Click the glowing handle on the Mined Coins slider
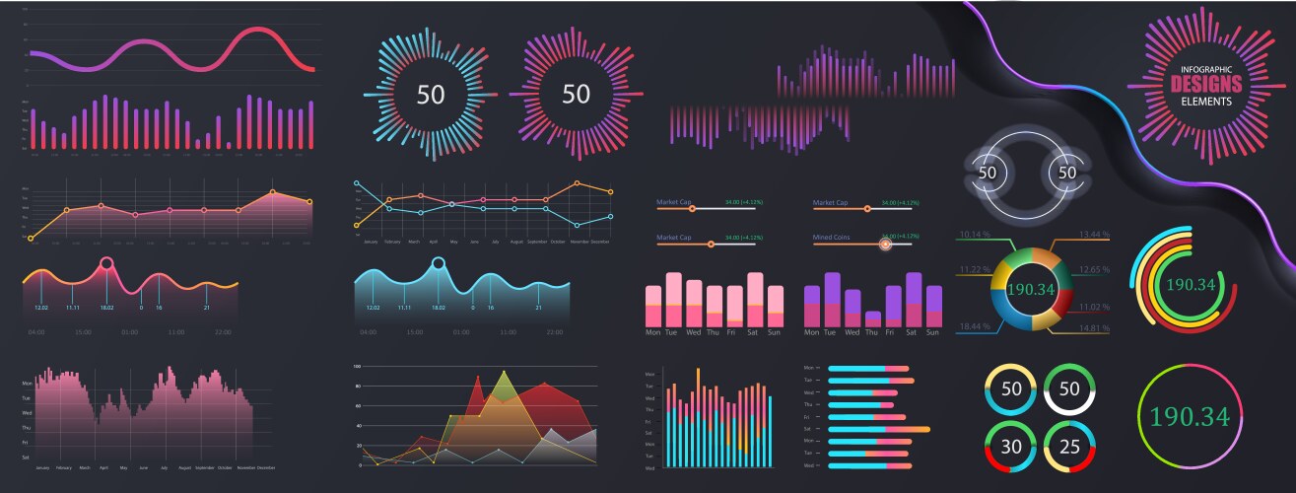(x=885, y=244)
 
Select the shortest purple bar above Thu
(x=872, y=318)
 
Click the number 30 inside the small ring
(x=1011, y=446)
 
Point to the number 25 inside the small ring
(x=1069, y=446)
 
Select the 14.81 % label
(x=1095, y=327)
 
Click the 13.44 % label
(x=1095, y=235)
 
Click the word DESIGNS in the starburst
(x=1205, y=85)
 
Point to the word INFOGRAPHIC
(x=1206, y=69)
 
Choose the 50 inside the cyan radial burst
(x=431, y=95)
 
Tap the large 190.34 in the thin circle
(x=1190, y=415)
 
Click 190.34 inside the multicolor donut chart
(x=1032, y=290)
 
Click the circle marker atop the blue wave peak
(x=438, y=263)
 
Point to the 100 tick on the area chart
(x=357, y=366)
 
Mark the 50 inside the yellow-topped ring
(x=1011, y=388)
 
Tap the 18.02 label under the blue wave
(x=438, y=308)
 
